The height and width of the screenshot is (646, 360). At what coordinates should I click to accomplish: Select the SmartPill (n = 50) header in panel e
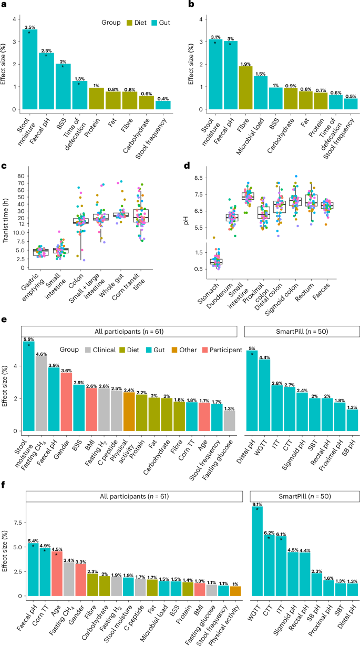[302, 331]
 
